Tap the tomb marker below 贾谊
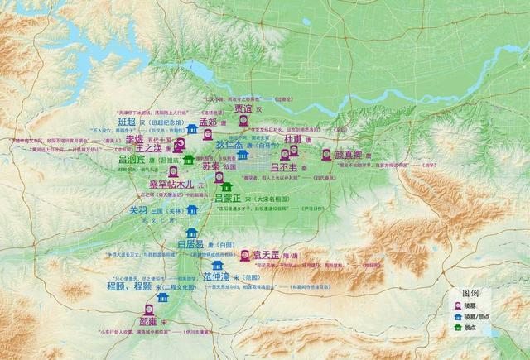coord(243,122)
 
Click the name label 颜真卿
coord(349,155)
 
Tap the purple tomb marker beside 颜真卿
coord(326,155)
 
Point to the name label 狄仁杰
coord(229,144)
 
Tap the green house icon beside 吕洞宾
coord(189,159)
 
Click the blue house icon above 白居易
coord(192,233)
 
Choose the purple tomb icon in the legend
coord(456,305)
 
